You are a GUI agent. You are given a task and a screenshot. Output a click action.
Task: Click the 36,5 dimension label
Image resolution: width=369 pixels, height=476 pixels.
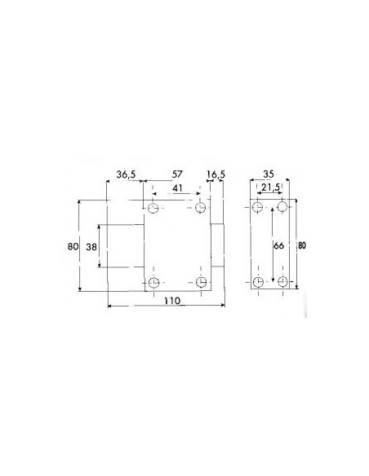coord(127,174)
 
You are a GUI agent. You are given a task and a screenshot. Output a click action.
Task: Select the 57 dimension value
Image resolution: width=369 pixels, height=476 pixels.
coord(177,174)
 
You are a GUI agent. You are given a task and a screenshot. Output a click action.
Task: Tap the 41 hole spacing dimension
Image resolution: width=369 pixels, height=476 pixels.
coord(177,188)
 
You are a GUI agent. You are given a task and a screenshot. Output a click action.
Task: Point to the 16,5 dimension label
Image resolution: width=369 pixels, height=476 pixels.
coord(216,174)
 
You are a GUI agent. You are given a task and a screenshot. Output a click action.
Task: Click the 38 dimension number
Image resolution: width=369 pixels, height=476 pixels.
coord(91,247)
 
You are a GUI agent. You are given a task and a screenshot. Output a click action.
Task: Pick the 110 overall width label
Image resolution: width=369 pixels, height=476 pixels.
coord(172,301)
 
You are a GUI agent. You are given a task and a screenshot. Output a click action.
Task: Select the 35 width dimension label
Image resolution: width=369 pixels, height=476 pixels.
coord(269,174)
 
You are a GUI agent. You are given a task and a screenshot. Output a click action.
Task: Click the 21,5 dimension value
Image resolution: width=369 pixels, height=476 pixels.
coord(270,188)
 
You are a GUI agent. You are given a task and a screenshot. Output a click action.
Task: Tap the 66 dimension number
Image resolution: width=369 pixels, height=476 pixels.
coord(278,245)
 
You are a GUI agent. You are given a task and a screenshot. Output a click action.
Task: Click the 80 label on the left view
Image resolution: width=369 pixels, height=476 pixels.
coord(73,246)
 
